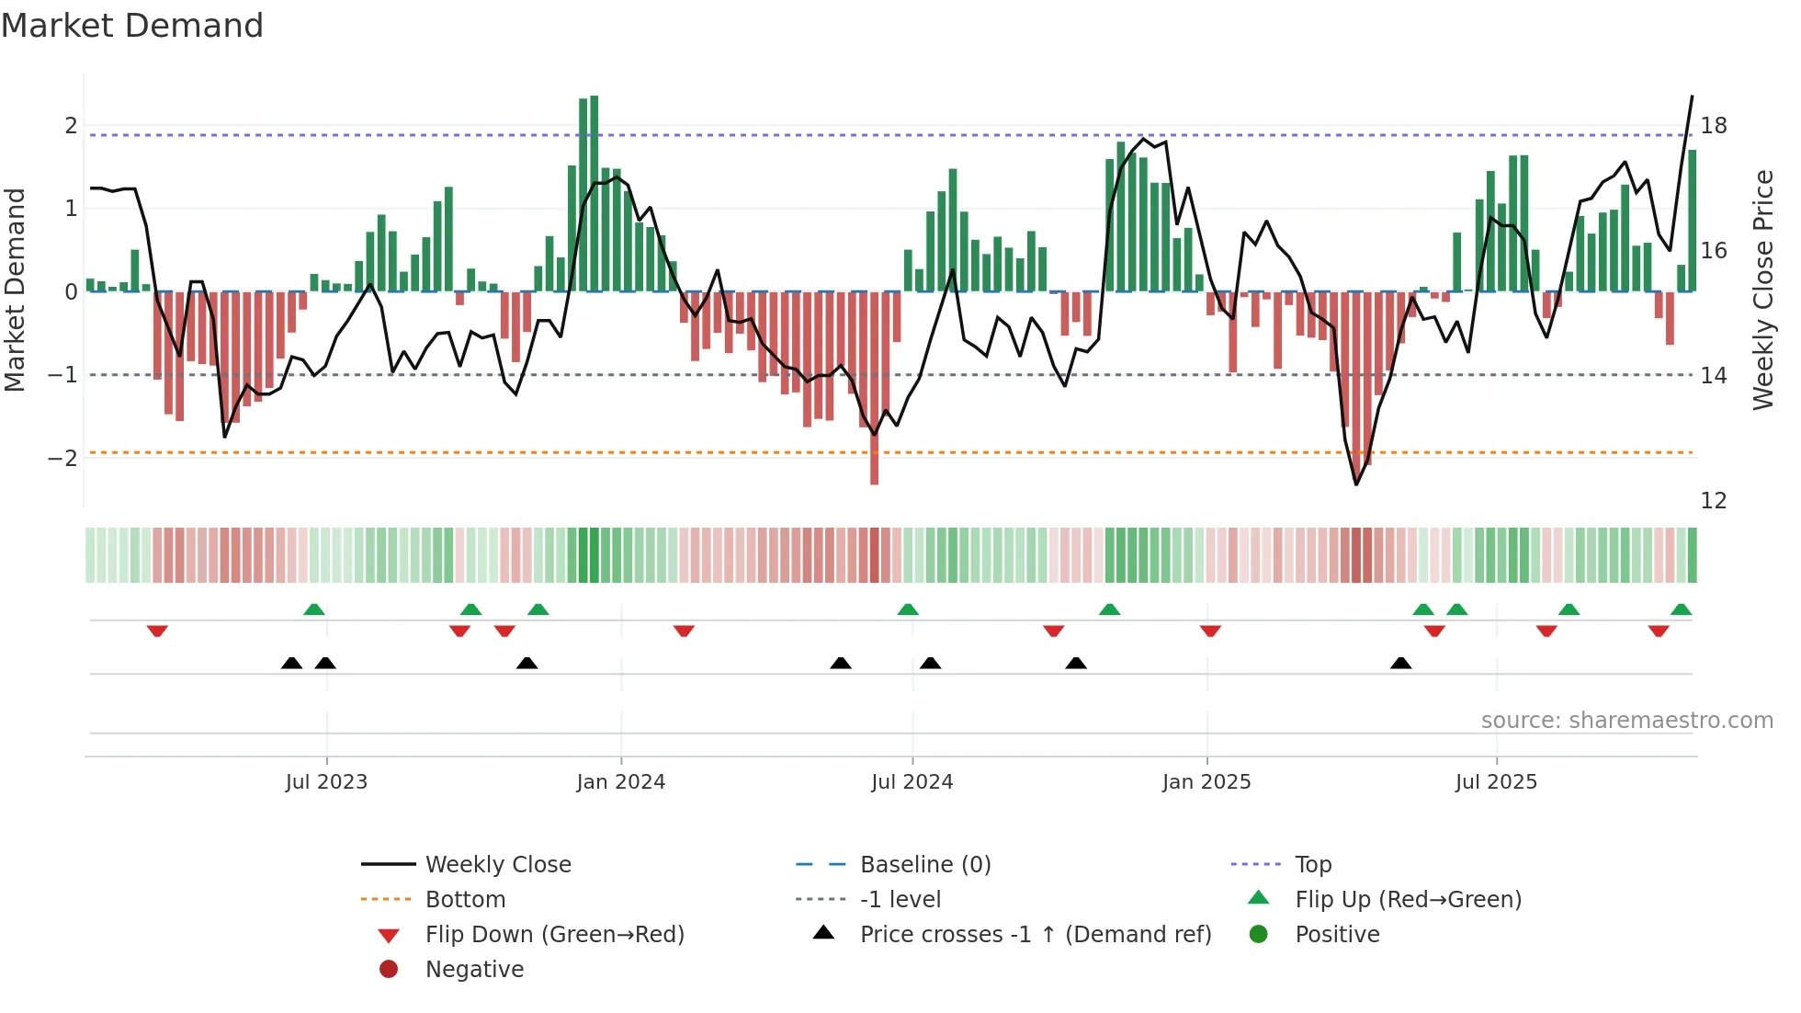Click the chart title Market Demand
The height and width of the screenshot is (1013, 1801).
tap(132, 26)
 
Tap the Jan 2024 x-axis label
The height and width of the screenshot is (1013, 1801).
tap(620, 782)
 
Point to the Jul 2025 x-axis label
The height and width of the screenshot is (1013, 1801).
tap(1495, 782)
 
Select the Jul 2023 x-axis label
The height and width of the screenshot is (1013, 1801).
tap(326, 782)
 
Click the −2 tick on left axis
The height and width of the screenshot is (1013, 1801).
tap(62, 458)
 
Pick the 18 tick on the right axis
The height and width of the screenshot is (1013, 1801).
tap(1713, 126)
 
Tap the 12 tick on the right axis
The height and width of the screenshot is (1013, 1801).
tap(1713, 501)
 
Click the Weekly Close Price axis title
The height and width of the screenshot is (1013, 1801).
tap(1762, 290)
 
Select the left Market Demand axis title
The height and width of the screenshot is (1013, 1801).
tap(15, 290)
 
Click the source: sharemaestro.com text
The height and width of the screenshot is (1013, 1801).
tap(1626, 721)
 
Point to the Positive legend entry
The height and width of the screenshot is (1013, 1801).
tap(1336, 935)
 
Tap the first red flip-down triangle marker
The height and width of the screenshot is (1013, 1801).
tap(157, 631)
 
